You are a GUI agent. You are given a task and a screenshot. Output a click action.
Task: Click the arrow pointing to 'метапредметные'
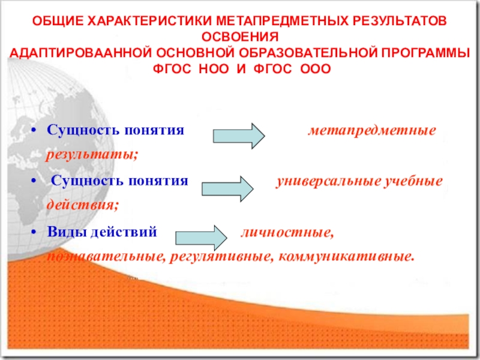(x=238, y=136)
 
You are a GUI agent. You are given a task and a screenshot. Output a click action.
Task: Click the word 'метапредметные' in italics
(x=372, y=130)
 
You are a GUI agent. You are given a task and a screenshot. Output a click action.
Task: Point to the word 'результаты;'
(x=92, y=155)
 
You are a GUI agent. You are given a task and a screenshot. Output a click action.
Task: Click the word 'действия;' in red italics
(x=83, y=205)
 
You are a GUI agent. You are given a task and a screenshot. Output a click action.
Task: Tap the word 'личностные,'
(x=287, y=231)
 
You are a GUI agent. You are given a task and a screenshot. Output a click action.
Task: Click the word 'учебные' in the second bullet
(x=413, y=181)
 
